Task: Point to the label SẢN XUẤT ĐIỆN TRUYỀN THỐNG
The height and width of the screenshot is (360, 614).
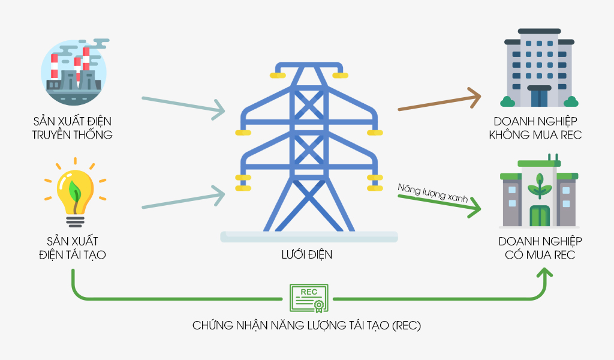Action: click(x=72, y=127)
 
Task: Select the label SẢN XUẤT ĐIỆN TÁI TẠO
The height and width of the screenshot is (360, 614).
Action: click(x=73, y=248)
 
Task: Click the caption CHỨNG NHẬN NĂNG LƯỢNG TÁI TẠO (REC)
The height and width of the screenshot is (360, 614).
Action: click(x=307, y=326)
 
